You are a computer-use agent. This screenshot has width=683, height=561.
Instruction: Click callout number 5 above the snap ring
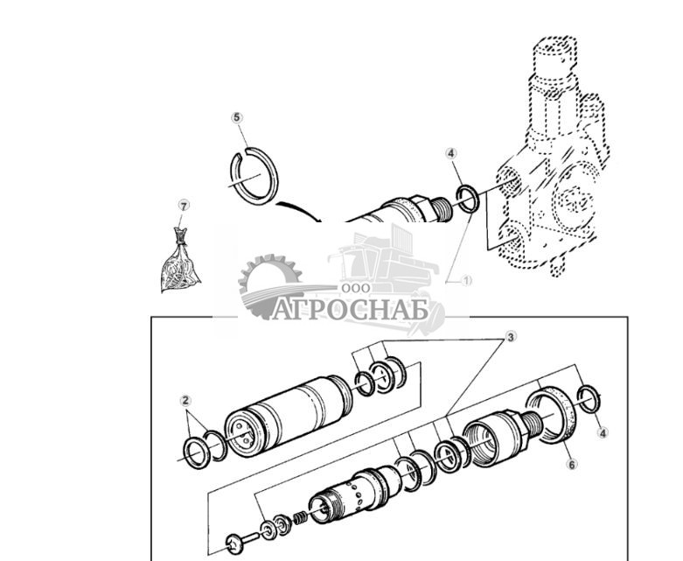point(236,117)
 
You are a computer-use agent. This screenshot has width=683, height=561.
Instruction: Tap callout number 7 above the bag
point(183,206)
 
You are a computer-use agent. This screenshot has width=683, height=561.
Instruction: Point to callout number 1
point(466,281)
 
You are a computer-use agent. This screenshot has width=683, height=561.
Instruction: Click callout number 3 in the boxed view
point(511,336)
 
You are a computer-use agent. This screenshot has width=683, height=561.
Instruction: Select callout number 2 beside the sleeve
point(185,401)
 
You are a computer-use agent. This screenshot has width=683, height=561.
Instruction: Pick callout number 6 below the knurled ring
point(571,464)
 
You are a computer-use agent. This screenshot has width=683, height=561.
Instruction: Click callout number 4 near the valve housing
point(451,154)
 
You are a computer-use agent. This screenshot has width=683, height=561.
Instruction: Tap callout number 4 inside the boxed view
point(603,432)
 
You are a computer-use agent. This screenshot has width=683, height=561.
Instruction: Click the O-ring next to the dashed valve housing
point(467,199)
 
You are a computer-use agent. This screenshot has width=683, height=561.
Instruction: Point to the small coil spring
point(297,517)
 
